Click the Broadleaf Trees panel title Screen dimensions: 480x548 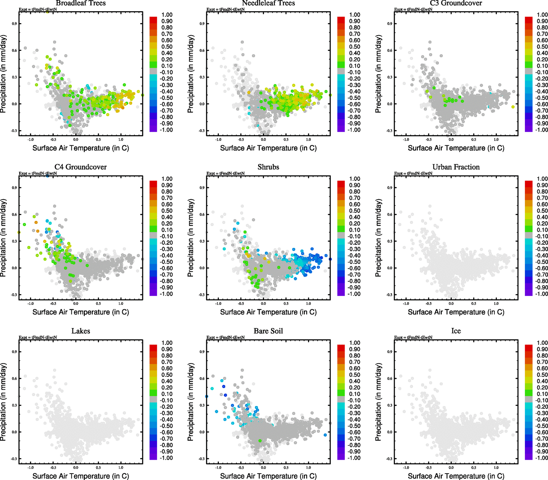tap(81, 3)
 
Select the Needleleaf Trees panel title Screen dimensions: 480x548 tap(268, 3)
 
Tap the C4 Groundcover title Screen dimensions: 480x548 tap(81, 167)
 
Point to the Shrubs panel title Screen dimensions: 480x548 tap(268, 167)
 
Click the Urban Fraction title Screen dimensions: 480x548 tap(456, 167)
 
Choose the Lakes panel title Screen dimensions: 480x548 tap(81, 331)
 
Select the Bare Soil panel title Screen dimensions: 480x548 tap(268, 331)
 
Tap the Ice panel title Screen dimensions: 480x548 tap(456, 331)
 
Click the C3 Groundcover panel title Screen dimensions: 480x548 tap(456, 3)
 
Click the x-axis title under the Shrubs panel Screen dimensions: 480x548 tap(268, 312)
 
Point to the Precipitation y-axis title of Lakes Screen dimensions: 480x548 tap(4, 402)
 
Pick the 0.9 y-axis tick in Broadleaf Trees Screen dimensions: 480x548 tap(14, 24)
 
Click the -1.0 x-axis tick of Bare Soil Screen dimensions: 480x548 tap(218, 467)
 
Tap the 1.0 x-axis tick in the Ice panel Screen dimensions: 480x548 tap(496, 467)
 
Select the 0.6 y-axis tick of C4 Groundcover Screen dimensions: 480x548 tap(14, 214)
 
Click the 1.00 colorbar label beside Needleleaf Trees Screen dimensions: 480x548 tap(355, 15)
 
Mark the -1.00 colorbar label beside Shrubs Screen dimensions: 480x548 tap(355, 294)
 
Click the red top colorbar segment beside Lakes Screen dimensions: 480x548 tap(153, 348)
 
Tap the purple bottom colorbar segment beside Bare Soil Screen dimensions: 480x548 tap(341, 456)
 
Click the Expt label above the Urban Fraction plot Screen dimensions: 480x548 tap(413, 173)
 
